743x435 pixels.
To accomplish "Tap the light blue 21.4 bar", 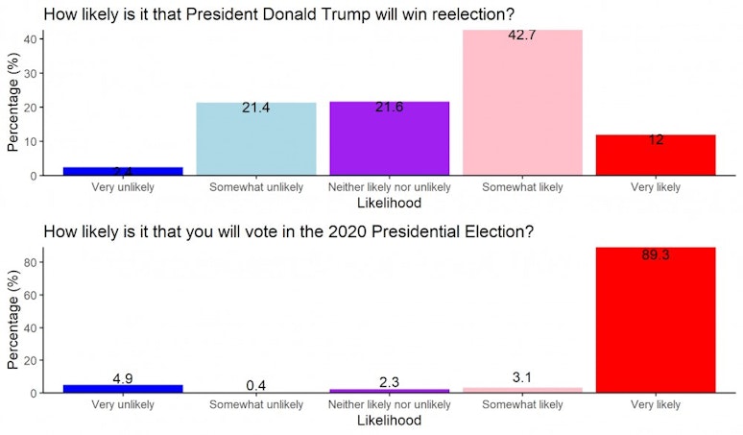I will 255,139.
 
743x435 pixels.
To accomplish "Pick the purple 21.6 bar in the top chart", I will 389,139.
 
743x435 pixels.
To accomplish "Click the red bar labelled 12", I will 656,156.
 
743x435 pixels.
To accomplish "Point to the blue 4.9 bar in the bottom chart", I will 122,388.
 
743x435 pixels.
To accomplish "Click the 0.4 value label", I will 255,385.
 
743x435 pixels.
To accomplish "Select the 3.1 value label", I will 522,377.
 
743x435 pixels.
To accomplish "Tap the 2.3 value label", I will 389,382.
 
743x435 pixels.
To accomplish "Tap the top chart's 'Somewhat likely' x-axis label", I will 522,187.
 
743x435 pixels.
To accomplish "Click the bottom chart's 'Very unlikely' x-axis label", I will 122,404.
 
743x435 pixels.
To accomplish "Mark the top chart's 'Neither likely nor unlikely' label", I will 389,187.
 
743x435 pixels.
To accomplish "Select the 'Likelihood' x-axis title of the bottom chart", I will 388,421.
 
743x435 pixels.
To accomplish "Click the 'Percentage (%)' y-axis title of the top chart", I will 13,103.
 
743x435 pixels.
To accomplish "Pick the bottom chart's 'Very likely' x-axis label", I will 656,404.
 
